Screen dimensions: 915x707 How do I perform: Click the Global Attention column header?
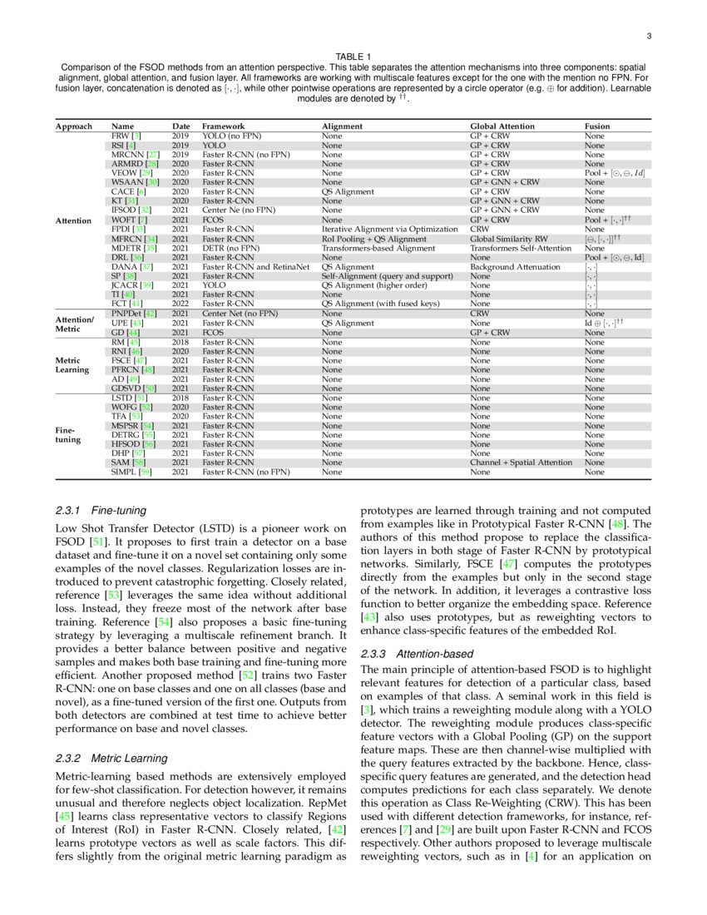(x=502, y=126)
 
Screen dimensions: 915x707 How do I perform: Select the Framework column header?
(x=224, y=126)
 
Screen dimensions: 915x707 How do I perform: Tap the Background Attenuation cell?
(x=513, y=267)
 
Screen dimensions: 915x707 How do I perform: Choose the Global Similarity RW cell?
(x=509, y=239)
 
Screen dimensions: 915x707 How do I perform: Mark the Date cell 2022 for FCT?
(x=180, y=304)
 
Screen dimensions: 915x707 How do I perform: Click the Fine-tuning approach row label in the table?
(x=67, y=434)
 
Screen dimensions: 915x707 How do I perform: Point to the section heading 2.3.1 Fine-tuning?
(x=100, y=510)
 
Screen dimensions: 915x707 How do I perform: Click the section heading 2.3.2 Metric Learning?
(x=111, y=759)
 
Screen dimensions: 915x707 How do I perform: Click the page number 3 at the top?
(x=648, y=36)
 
